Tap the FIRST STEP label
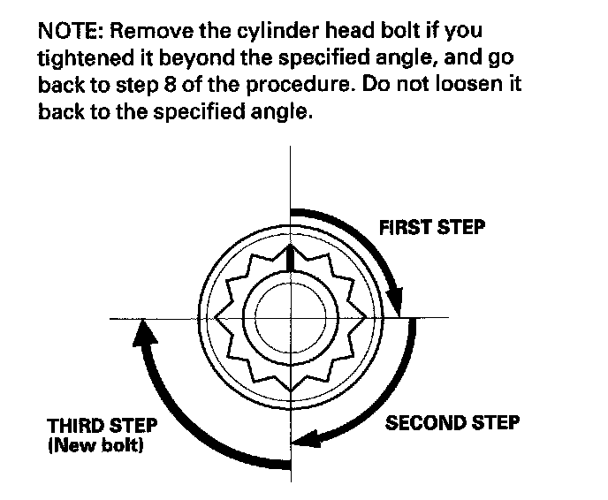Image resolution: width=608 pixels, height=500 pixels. tap(431, 227)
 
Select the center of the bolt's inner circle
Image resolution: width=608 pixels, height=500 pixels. tap(290, 316)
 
